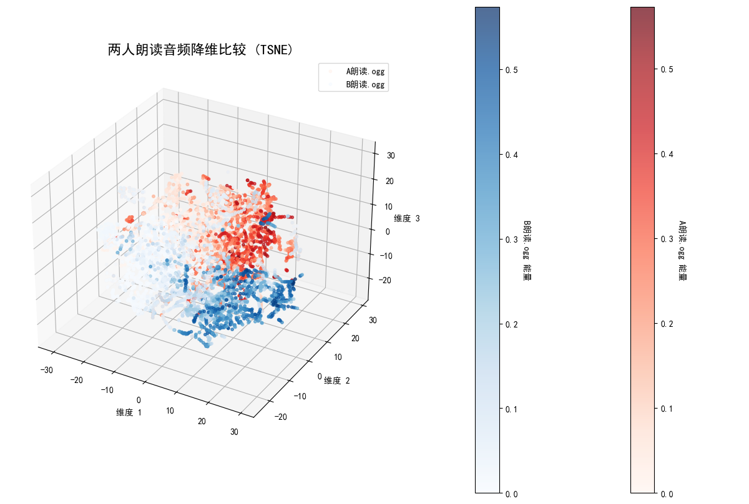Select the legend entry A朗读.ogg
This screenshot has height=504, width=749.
[365, 72]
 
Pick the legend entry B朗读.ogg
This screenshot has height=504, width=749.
[365, 84]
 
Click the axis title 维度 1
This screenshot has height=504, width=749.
[129, 412]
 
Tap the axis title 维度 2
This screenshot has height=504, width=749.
[337, 380]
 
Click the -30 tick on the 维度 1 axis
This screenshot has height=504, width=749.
[46, 370]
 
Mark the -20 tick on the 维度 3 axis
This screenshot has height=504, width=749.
[386, 280]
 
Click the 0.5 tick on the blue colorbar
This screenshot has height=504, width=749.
[511, 70]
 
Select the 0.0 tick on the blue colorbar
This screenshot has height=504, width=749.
[511, 494]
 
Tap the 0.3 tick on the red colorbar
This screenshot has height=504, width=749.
[667, 240]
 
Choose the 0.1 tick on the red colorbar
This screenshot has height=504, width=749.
[667, 409]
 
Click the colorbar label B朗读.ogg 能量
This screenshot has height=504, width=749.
[527, 250]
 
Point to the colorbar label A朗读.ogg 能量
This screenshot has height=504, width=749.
[682, 250]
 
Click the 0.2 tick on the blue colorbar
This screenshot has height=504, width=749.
[511, 324]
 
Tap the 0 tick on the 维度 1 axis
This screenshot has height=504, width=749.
[139, 400]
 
